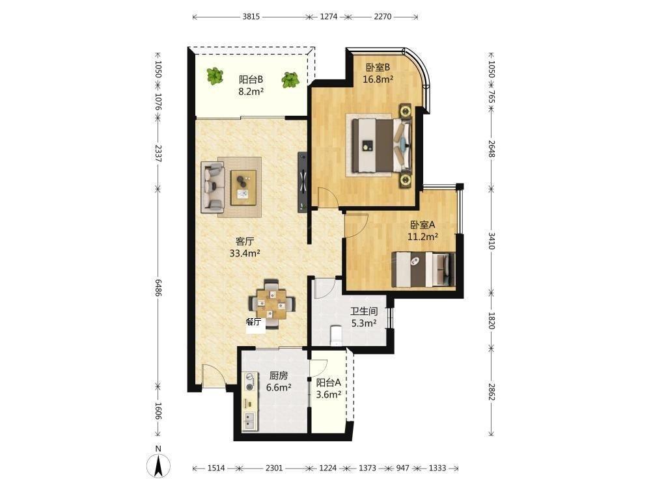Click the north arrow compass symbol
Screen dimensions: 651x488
[x=158, y=465]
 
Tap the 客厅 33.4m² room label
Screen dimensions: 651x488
[x=245, y=247]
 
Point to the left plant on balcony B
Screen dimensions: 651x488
[x=215, y=76]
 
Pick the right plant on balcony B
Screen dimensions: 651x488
[x=290, y=80]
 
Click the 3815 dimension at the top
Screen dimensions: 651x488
[x=251, y=17]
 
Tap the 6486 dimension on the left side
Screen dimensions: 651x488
[x=158, y=287]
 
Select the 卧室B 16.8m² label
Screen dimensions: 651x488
[x=378, y=73]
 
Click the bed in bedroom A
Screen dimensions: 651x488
[x=423, y=269]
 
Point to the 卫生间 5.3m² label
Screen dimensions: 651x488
[x=364, y=317]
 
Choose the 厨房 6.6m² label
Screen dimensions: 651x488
[x=278, y=381]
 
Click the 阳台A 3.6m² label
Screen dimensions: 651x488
[x=328, y=388]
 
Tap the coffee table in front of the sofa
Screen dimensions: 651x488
[x=243, y=187]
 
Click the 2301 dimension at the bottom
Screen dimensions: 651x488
[x=274, y=468]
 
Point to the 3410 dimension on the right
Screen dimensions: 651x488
[x=492, y=241]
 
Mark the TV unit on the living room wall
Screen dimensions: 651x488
[x=303, y=182]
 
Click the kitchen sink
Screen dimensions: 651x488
[x=249, y=420]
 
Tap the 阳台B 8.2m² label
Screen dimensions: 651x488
[x=251, y=85]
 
